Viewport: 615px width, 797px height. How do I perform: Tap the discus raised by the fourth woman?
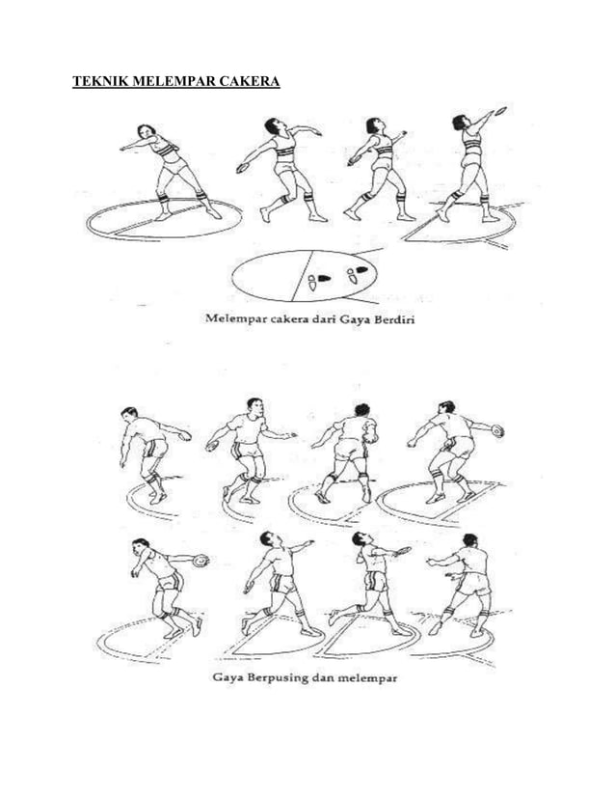(x=500, y=109)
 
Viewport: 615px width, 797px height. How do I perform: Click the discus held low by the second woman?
(x=242, y=168)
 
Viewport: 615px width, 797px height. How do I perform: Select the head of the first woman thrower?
(x=146, y=131)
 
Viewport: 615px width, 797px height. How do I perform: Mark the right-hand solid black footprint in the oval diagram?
(x=361, y=269)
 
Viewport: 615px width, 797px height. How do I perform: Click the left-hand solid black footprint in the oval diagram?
(x=324, y=278)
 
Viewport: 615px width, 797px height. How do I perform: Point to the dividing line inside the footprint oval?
(x=302, y=275)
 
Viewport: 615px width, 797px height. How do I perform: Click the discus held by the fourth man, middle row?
(x=497, y=430)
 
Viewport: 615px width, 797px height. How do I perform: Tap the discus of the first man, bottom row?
(x=201, y=561)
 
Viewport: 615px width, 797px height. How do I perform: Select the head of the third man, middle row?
(x=361, y=410)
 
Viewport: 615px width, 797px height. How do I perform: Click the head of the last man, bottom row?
(x=469, y=539)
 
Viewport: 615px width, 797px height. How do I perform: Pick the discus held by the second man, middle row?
(x=212, y=446)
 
